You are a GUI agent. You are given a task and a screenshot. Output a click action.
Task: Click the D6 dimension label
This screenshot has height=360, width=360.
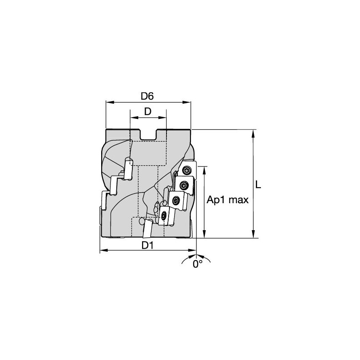click(147, 96)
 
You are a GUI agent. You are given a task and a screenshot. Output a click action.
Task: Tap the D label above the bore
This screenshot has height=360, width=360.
click(148, 112)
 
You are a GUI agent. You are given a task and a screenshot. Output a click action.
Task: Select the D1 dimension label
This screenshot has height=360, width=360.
click(147, 245)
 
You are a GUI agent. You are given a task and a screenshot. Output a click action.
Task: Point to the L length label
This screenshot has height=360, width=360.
click(258, 185)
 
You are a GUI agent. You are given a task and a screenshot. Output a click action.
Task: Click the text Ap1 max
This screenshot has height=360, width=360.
click(228, 200)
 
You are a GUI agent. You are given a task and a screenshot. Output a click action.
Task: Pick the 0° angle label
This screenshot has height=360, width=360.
click(197, 264)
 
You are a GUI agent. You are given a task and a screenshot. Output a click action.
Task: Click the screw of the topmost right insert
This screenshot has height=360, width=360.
click(187, 170)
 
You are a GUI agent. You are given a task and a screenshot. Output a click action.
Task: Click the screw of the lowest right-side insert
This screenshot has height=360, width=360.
click(164, 215)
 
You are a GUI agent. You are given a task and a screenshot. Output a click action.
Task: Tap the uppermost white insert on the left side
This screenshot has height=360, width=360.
click(129, 168)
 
